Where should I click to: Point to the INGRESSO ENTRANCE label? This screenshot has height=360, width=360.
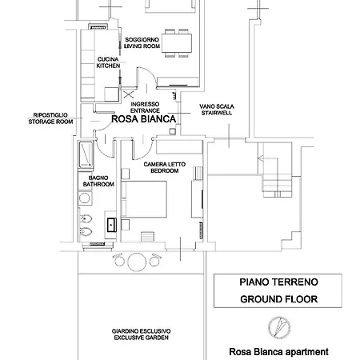coord(144,106)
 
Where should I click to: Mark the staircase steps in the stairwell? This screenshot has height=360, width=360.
coord(276,180)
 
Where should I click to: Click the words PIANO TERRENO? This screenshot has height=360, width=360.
coord(267,282)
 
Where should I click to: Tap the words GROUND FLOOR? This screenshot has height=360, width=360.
coord(267,300)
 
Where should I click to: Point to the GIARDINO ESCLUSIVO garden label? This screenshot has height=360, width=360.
coord(146,334)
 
